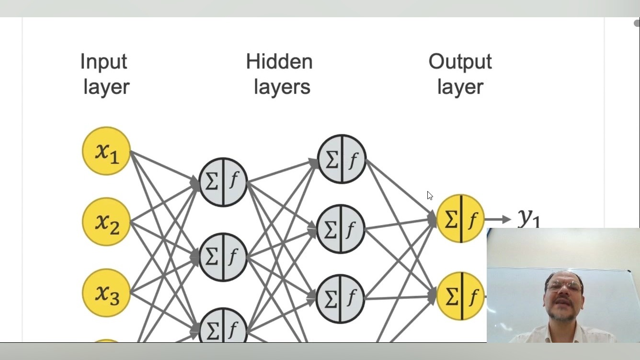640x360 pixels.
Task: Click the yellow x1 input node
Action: click(x=106, y=151)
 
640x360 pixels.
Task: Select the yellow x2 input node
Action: click(x=106, y=222)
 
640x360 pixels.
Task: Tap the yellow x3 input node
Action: click(x=106, y=292)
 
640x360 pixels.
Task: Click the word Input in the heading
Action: click(x=103, y=62)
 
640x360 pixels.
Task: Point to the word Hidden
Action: click(x=279, y=62)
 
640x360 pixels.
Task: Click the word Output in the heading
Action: click(x=460, y=62)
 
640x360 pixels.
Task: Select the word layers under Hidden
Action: click(x=282, y=87)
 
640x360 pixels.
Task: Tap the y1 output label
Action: click(x=529, y=218)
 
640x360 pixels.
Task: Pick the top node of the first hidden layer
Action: click(x=223, y=182)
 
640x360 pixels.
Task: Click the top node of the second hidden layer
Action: click(x=342, y=159)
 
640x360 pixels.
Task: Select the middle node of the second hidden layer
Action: click(x=341, y=229)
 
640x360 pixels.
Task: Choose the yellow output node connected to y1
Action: click(x=460, y=219)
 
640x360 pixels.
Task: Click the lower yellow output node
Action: click(x=460, y=296)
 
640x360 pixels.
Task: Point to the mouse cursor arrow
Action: click(x=430, y=195)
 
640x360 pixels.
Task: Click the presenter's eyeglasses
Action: click(x=564, y=286)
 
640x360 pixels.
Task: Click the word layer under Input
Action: click(x=106, y=87)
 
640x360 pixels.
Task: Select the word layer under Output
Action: click(x=460, y=87)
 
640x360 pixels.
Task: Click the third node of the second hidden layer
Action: click(x=341, y=298)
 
